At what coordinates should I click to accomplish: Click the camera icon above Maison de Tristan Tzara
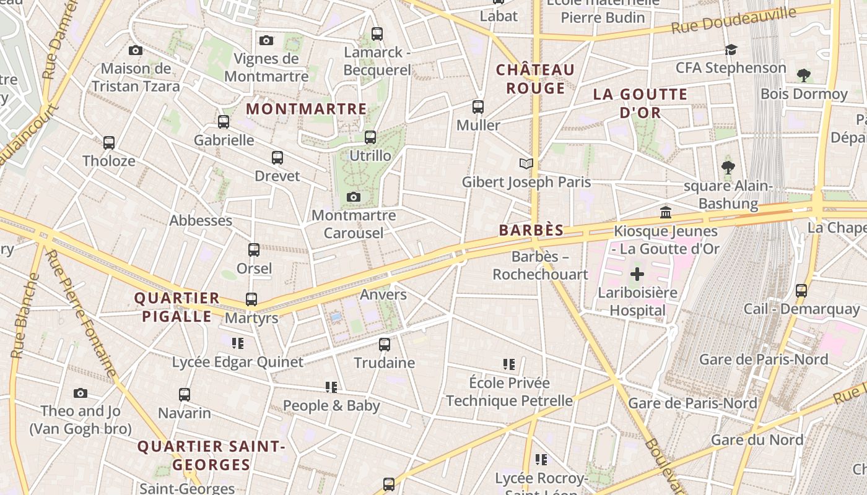(x=136, y=51)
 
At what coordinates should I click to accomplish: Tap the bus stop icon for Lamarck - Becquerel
(x=377, y=34)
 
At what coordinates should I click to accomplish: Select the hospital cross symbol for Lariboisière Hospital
(x=637, y=274)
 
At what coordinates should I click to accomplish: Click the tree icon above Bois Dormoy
(x=804, y=75)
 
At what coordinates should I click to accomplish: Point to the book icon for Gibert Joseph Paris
(x=526, y=163)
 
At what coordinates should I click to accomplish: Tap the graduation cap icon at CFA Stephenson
(x=731, y=49)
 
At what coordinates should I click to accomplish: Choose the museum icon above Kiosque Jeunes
(x=666, y=213)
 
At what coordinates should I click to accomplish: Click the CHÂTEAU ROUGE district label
(x=535, y=79)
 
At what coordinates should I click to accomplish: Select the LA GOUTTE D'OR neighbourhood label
(x=640, y=103)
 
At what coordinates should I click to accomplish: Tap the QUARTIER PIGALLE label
(x=177, y=307)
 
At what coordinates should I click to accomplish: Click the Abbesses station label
(x=201, y=220)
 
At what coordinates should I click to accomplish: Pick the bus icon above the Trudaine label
(x=385, y=345)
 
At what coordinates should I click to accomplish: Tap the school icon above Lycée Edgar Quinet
(x=238, y=343)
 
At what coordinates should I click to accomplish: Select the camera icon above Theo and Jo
(x=80, y=393)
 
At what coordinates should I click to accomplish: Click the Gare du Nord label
(x=757, y=440)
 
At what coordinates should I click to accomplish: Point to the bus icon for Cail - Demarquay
(x=801, y=290)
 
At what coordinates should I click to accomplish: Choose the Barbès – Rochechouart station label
(x=540, y=265)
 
